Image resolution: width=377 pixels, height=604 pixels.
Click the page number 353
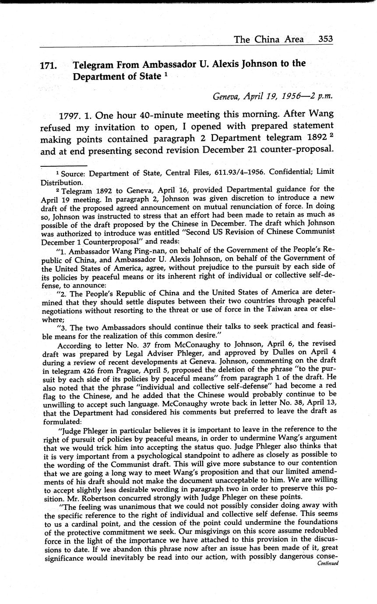[325, 39]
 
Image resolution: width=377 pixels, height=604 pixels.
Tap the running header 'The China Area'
[268, 39]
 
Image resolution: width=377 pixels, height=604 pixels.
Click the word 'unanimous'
[122, 506]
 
